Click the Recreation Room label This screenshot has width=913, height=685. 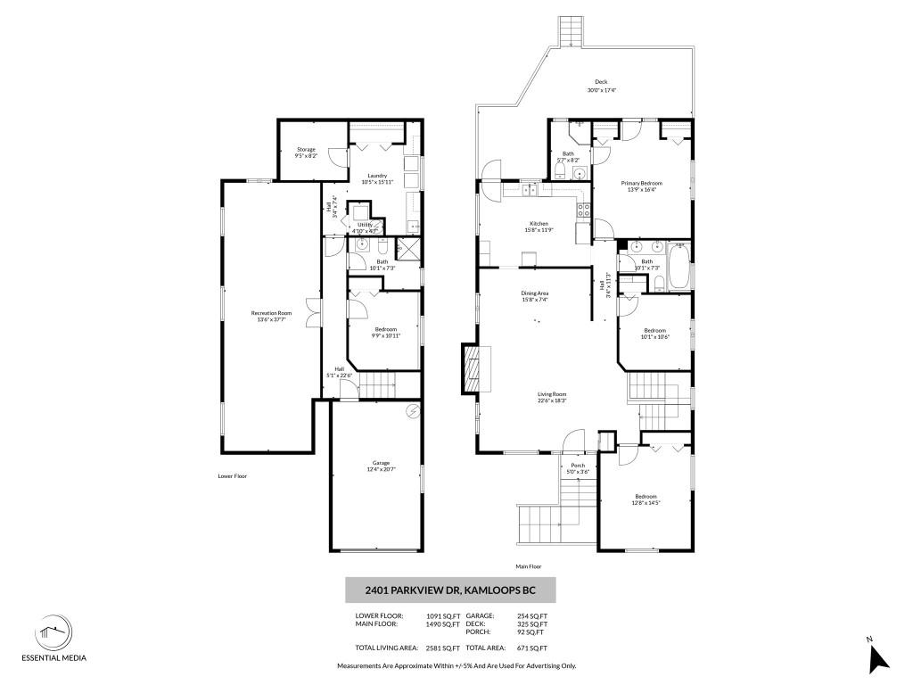coord(271,314)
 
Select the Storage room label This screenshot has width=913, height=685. coord(306,150)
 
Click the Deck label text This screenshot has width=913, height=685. coord(602,82)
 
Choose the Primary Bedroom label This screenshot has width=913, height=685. coord(642,184)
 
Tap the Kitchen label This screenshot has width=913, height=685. coord(539,224)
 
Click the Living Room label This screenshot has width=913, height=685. coord(552,394)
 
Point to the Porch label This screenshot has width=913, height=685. coord(578,466)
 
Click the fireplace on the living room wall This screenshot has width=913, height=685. coord(470,368)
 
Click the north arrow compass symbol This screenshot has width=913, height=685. coord(879,657)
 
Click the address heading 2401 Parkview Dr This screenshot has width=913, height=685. coord(450,590)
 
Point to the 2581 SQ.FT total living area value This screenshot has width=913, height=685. coord(442,648)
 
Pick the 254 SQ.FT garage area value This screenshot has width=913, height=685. coord(532,616)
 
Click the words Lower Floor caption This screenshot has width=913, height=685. coord(232,476)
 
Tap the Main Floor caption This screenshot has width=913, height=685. coord(528,566)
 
